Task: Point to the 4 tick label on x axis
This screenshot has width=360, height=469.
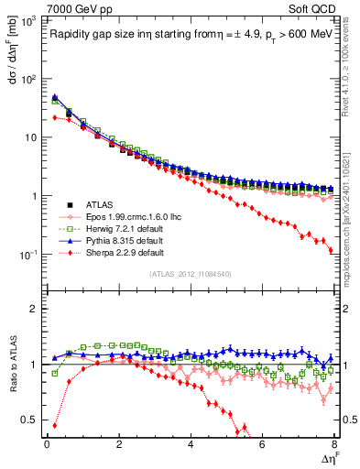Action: tap(190, 444)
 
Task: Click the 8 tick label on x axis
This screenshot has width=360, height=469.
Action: tap(333, 444)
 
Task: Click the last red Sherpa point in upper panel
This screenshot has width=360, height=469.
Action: tap(330, 250)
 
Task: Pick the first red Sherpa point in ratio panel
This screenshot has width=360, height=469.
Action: tap(54, 425)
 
